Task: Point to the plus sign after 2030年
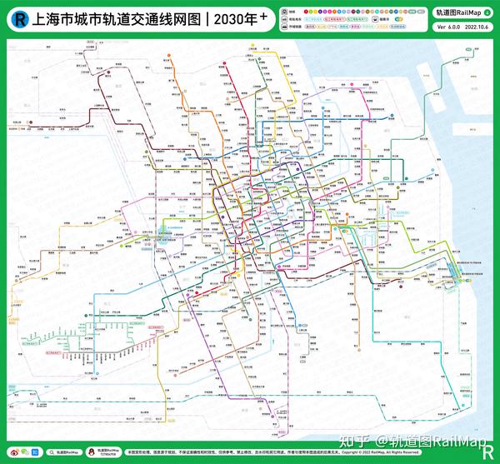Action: point(238,12)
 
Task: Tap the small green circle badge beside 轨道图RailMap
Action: point(487,12)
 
